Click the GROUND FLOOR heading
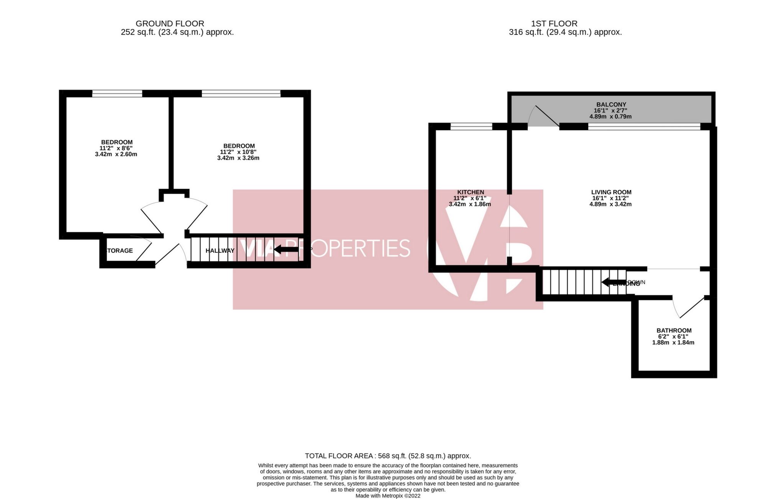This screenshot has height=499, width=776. pos(170,24)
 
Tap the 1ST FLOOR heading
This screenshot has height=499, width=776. pos(565,24)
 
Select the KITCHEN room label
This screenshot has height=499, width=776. pos(470,192)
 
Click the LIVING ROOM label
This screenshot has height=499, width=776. pos(611,192)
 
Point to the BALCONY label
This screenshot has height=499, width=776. pos(611,105)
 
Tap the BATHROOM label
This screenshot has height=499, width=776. pos(674,330)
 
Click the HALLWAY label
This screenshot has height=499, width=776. pos(220,251)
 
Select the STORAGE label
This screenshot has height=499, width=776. pos(120,251)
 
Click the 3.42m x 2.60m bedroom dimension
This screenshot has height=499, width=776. pos(116,154)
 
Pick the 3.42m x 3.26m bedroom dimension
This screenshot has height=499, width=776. pos(238,158)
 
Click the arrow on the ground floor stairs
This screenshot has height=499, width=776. pos(285,250)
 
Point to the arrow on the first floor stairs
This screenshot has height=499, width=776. pos(613,282)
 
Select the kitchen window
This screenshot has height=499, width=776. pos(471,126)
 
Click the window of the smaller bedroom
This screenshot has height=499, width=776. pos(117,93)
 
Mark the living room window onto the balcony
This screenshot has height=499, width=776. pos(644,126)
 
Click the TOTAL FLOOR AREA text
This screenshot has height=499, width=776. pos(387,456)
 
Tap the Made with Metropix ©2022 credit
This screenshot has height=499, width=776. pos(387,496)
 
